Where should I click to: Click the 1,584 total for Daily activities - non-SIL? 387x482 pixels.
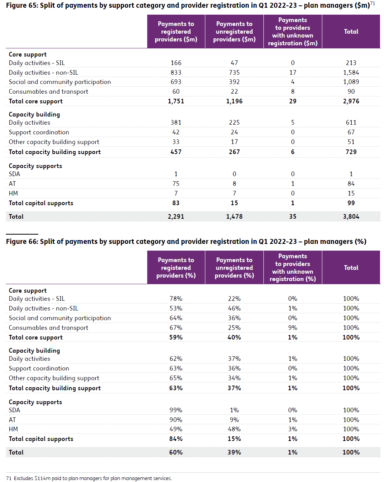tap(351, 72)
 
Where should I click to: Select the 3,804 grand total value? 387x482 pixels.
tap(351, 216)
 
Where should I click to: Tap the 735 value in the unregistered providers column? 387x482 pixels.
tap(234, 72)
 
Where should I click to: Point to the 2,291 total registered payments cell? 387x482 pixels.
tap(176, 216)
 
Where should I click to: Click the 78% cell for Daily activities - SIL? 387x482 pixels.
tap(176, 298)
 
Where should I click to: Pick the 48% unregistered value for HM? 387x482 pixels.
tap(234, 429)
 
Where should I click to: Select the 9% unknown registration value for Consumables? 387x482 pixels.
tap(292, 328)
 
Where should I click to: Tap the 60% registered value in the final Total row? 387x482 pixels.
tap(176, 452)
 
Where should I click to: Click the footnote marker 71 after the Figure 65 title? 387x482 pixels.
tap(372, 3)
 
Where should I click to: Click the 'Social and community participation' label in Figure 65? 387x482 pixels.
tap(60, 82)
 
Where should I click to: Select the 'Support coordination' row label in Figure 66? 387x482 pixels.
tap(39, 369)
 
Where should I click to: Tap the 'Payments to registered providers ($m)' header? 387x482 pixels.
tap(176, 32)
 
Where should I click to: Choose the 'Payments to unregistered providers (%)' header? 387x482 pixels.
tap(234, 268)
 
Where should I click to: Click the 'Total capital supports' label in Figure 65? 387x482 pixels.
tap(41, 203)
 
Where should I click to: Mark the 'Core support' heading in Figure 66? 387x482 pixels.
tap(28, 290)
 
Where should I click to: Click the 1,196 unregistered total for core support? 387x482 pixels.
tap(234, 101)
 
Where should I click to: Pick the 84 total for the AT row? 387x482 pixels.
tap(351, 184)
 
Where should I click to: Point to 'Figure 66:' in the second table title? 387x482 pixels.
tap(22, 242)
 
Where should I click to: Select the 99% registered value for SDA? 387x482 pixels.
tap(176, 410)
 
